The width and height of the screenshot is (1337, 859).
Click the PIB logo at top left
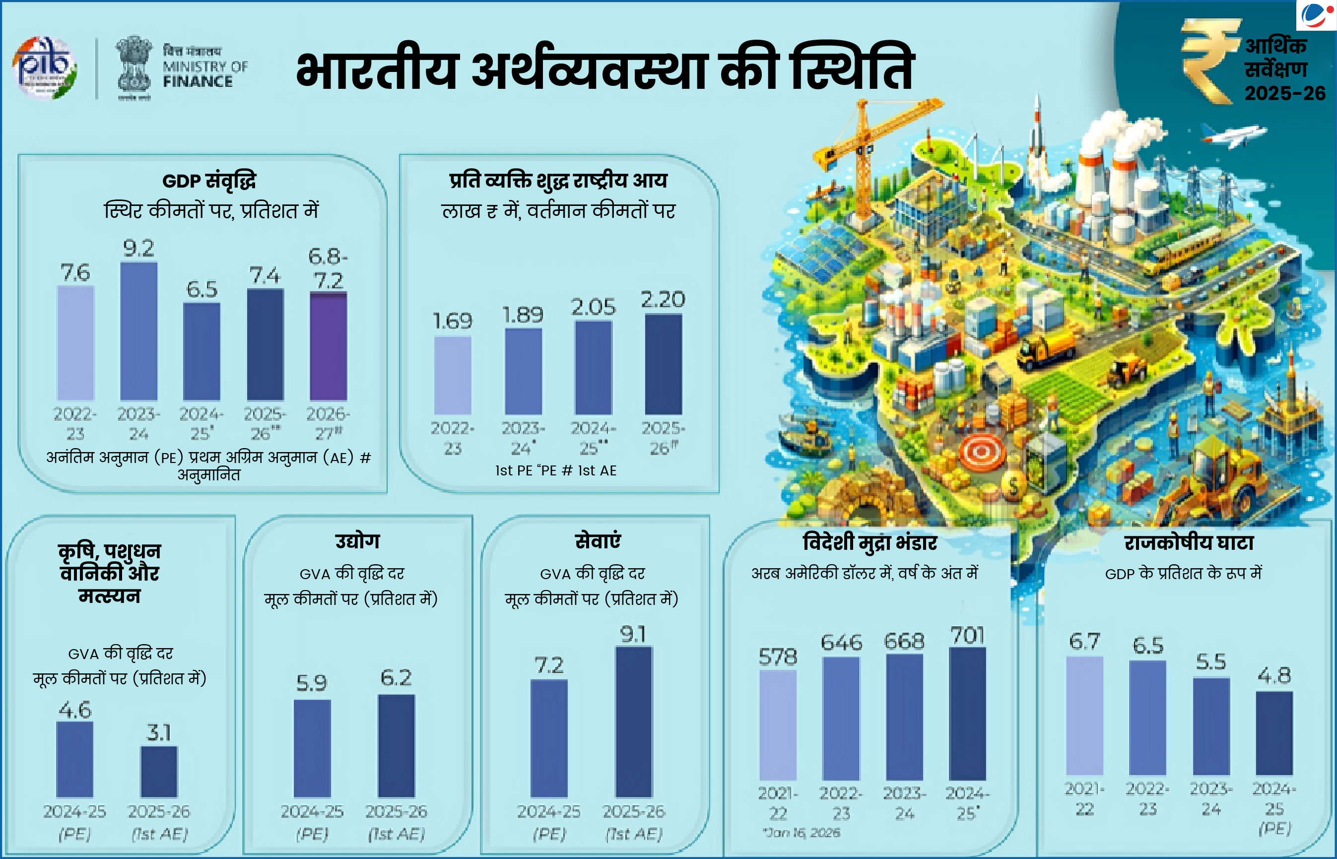(x=45, y=68)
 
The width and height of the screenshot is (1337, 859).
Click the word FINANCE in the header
(x=198, y=81)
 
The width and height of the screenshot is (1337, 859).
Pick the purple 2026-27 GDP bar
(x=328, y=346)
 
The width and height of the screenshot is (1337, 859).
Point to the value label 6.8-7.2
(x=328, y=268)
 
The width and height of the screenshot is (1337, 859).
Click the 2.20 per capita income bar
(x=663, y=364)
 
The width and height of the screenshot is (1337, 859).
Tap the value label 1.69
(x=452, y=321)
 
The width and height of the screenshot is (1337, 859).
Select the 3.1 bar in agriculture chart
(x=159, y=772)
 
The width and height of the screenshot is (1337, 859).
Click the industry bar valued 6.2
(x=396, y=745)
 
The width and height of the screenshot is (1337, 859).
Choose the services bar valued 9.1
(x=634, y=722)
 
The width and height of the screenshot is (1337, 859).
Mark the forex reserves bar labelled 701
(x=967, y=714)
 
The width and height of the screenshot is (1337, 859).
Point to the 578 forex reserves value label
(x=778, y=657)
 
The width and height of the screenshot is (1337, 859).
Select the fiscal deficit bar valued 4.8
(x=1274, y=733)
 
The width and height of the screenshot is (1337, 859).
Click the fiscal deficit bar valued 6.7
(x=1084, y=716)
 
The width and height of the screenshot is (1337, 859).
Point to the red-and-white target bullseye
(x=980, y=451)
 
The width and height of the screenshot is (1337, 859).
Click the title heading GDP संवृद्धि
(x=209, y=181)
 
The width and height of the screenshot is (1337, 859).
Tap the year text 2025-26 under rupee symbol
(x=1284, y=93)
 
